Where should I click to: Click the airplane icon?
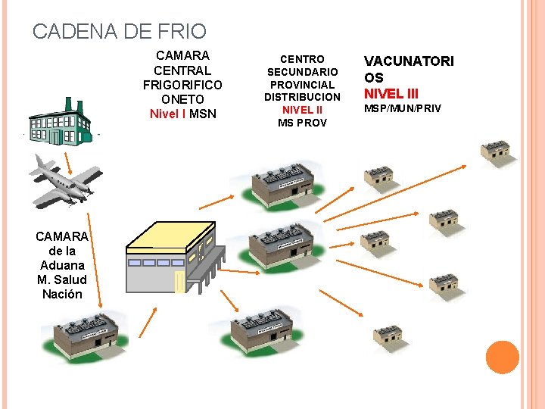coord(66,180)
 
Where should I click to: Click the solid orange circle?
coord(502,357)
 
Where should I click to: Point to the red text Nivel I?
coord(167,114)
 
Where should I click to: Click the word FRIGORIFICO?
coord(182,85)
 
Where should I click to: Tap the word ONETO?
coord(182,99)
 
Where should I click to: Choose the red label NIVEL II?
coord(302,110)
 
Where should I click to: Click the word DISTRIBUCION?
coord(302,97)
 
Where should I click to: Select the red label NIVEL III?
coord(391,94)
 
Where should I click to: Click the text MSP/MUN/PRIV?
coord(403,109)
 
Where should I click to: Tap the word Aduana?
coord(62,265)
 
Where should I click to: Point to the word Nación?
coord(63,294)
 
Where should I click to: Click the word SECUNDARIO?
coord(302,71)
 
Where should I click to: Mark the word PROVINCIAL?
coord(302,84)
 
